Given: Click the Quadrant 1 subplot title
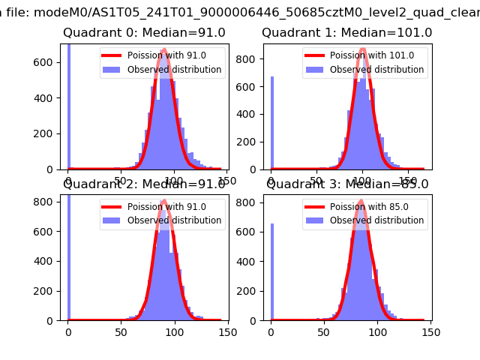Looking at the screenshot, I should [346, 33].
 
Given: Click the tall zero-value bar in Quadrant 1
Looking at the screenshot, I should [272, 124].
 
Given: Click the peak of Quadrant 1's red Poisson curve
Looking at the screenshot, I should [363, 50].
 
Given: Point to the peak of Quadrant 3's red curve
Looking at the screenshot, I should [361, 201].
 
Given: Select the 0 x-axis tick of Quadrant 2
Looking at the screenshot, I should [68, 331].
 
